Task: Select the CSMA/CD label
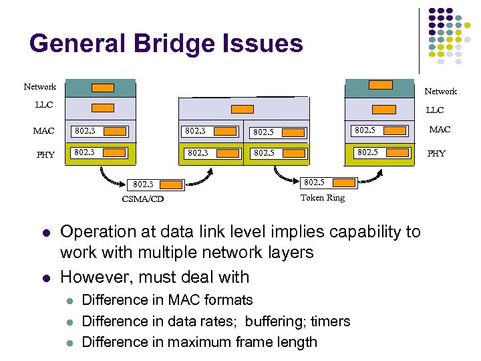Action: point(142,199)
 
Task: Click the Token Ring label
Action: point(322,198)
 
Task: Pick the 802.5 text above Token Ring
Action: point(314,182)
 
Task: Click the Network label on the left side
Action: point(40,87)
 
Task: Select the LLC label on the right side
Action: point(435,110)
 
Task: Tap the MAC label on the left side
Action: point(43,131)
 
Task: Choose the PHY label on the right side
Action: point(436,154)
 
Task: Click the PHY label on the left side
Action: point(45,155)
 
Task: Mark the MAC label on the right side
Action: point(440,130)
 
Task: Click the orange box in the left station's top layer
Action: point(102,88)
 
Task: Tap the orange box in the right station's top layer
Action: point(381,85)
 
